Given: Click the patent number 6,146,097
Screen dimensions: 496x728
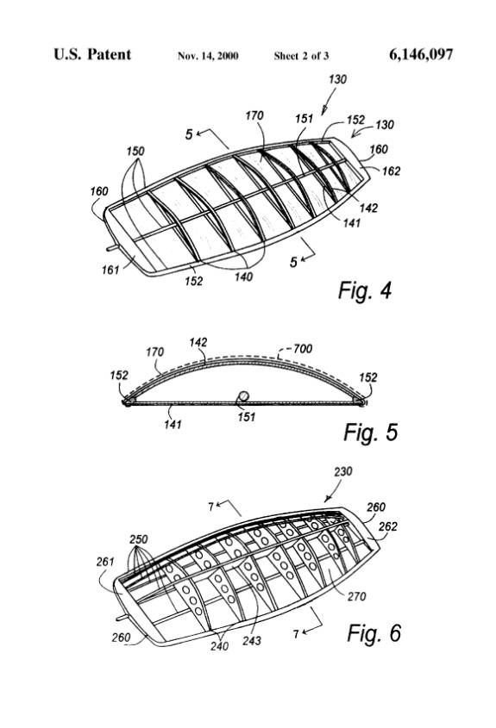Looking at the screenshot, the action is (421, 55).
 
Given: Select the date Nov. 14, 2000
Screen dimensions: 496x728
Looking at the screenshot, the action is (208, 56).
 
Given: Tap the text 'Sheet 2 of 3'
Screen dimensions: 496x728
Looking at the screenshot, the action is (301, 56).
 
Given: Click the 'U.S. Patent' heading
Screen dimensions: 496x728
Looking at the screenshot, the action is (92, 54).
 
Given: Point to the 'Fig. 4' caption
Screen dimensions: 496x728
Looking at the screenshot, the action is (365, 290).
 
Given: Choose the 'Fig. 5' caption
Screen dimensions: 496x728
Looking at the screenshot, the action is (370, 432).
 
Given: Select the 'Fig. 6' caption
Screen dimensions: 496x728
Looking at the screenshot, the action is (374, 633).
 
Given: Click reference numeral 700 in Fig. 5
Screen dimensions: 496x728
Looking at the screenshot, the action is (302, 348).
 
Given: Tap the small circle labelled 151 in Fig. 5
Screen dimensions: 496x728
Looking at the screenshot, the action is (243, 396).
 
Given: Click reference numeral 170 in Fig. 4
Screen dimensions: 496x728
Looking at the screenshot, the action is (254, 115).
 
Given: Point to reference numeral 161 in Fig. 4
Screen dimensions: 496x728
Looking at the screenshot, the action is (110, 270).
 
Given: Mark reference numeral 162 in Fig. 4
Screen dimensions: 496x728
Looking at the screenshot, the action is (391, 171).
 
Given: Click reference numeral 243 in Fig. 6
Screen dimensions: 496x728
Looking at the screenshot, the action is (252, 641).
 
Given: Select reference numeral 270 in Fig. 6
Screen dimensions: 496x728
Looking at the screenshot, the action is (356, 596).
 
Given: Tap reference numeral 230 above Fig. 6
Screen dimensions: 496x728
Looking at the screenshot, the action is (343, 471).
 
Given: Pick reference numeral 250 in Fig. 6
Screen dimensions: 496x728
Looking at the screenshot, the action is (139, 539).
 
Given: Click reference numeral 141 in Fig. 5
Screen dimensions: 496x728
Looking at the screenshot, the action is (173, 423).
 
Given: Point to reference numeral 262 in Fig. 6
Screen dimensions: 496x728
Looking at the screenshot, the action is (388, 526).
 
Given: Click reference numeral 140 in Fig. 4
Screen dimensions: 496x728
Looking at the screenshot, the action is (243, 277).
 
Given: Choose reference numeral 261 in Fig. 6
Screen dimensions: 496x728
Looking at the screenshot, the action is (105, 562).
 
